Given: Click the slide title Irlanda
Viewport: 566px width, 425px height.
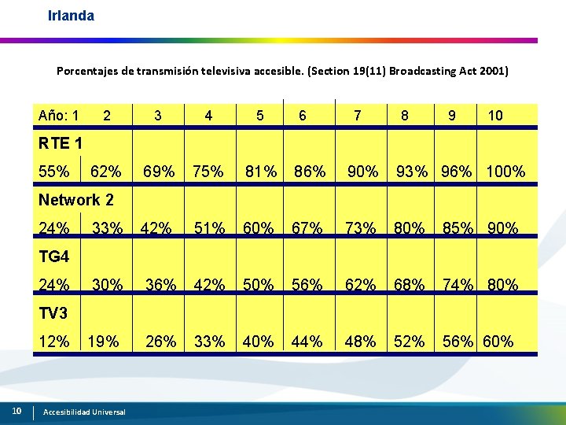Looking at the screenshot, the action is pos(71,16).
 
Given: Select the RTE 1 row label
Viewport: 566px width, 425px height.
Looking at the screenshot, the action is pos(61,143).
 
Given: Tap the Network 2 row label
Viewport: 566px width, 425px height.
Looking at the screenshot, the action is pos(75,200).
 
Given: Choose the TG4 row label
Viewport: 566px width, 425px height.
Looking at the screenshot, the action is pos(53,257).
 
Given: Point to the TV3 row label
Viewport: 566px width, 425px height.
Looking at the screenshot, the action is pos(53,313).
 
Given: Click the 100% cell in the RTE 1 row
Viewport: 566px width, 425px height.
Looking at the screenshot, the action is pos(505,172).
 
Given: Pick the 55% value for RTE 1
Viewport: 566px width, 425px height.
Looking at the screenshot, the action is pos(53,172).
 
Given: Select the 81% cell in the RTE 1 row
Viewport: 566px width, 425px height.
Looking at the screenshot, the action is pos(261,172).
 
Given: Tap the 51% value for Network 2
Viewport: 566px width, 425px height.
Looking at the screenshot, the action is pos(209,228).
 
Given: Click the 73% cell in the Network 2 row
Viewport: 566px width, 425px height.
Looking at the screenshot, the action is pos(360,228).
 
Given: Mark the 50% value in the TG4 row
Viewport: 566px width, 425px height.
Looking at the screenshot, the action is pos(258,285).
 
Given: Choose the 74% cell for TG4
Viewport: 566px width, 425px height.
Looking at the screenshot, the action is pos(458,285).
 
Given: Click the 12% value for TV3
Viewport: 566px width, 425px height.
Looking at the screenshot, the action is pos(53,342).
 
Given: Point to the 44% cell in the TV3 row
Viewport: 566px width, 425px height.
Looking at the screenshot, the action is pos(307,342).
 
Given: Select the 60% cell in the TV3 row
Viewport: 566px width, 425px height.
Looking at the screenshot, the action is pos(498,342).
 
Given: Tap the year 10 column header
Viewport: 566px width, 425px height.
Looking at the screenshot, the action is pos(495,116).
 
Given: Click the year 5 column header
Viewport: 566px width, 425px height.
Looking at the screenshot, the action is pos(260,116).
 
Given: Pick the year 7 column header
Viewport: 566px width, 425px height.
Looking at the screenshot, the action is pos(358,116).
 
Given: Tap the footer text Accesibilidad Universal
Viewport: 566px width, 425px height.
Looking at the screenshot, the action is pos(84,412).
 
